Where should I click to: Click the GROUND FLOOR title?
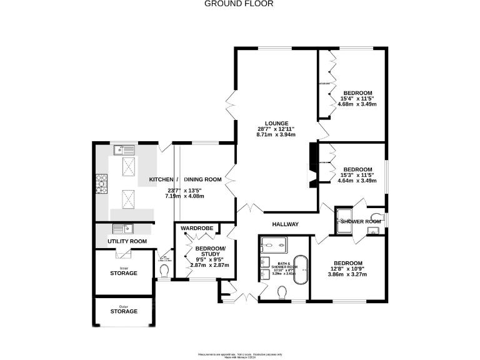(239, 4)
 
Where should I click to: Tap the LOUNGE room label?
(276, 123)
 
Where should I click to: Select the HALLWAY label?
(285, 224)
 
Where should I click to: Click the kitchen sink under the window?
(124, 149)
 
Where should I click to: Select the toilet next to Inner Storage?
(164, 271)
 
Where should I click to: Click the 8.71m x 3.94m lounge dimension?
(276, 134)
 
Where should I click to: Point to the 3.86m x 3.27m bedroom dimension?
(347, 274)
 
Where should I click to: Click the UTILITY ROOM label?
(127, 241)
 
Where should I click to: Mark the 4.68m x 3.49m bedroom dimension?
(357, 104)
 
